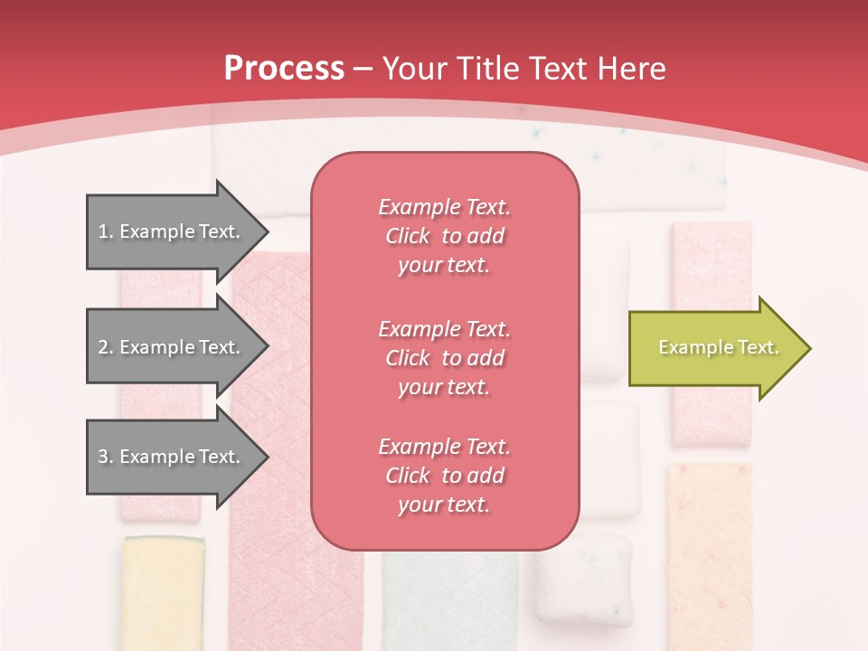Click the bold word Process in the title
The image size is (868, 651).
coord(284,69)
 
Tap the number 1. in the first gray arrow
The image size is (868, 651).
coord(105,231)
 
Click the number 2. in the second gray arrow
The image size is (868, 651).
coord(105,347)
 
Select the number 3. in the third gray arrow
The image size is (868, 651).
coord(105,457)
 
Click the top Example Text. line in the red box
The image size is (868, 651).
coord(444,207)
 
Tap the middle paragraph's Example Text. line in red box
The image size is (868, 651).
coord(444,329)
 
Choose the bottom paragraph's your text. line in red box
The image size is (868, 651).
coord(444,505)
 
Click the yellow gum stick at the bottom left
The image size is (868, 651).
coord(163,592)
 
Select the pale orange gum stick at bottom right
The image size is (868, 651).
coord(710,552)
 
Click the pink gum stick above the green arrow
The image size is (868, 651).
coord(712,262)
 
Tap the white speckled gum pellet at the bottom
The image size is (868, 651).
coord(583,579)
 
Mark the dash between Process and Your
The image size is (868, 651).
coord(363,69)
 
